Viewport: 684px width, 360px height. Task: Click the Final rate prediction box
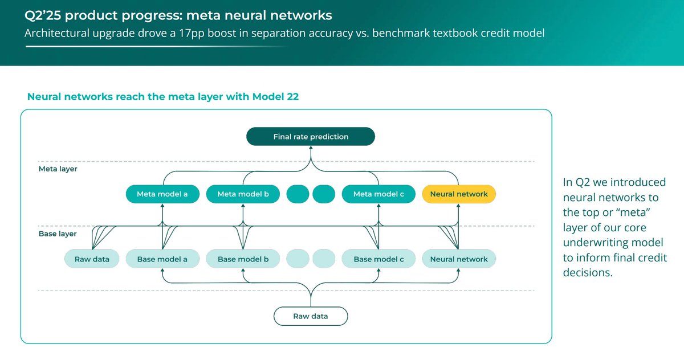coord(310,137)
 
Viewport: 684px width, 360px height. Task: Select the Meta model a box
coord(162,194)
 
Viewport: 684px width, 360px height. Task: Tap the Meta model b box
coord(243,194)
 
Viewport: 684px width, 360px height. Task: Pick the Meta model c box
coord(378,194)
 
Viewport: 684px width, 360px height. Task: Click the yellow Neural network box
coord(459,194)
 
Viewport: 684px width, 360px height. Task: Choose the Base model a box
coord(162,259)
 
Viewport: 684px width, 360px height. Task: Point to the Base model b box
coord(243,259)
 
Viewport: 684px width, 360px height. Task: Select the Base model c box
coord(378,259)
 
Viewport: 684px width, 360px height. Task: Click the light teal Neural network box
coord(459,259)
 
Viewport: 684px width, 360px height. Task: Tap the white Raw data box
coord(311,316)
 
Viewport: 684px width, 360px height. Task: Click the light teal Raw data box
coord(91,259)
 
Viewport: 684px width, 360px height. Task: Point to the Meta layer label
coord(58,169)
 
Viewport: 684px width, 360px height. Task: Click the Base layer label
coord(58,234)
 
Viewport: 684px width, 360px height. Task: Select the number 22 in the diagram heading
coord(292,97)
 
